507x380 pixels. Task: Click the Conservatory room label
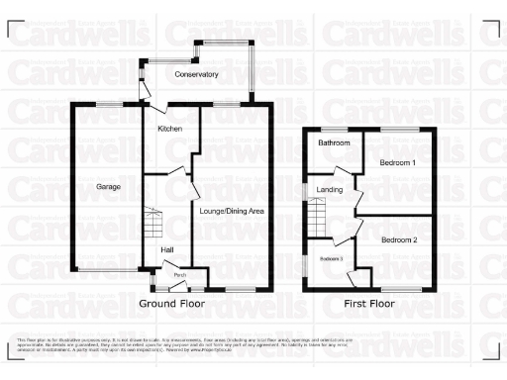pyautogui.click(x=196, y=75)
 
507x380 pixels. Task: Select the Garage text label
pyautogui.click(x=108, y=186)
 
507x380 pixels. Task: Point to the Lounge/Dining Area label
pyautogui.click(x=232, y=211)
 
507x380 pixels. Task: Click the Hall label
pyautogui.click(x=168, y=249)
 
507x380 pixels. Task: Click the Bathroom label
pyautogui.click(x=333, y=143)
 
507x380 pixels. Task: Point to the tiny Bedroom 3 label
pyautogui.click(x=330, y=258)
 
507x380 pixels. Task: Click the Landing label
pyautogui.click(x=329, y=190)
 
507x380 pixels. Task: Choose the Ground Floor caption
pyautogui.click(x=172, y=303)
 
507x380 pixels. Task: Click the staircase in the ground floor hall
pyautogui.click(x=152, y=223)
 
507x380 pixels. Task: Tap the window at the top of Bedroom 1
pyautogui.click(x=398, y=129)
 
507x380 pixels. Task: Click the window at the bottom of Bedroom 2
pyautogui.click(x=398, y=290)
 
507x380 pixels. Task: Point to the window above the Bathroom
pyautogui.click(x=333, y=129)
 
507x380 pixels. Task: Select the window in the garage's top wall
pyautogui.click(x=109, y=103)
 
